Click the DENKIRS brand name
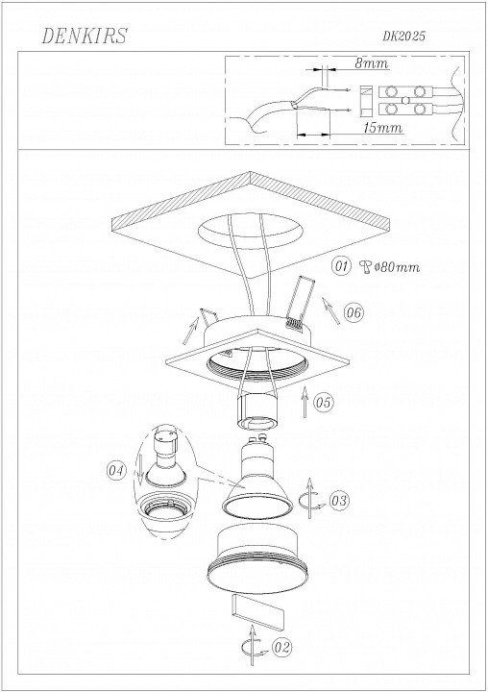pos(84,37)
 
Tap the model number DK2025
pos(403,37)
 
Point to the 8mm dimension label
pos(372,63)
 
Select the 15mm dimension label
pos(383,128)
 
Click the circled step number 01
pos(341,266)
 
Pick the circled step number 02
pos(282,647)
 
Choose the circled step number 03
pos(339,501)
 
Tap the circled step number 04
pos(116,470)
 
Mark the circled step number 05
pos(324,402)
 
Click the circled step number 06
pos(354,313)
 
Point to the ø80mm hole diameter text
pos(397,267)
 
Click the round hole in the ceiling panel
pos(250,231)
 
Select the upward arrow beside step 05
pos(304,402)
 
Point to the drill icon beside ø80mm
pos(366,267)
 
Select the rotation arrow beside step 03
pos(311,499)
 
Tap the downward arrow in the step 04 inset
pos(140,470)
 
